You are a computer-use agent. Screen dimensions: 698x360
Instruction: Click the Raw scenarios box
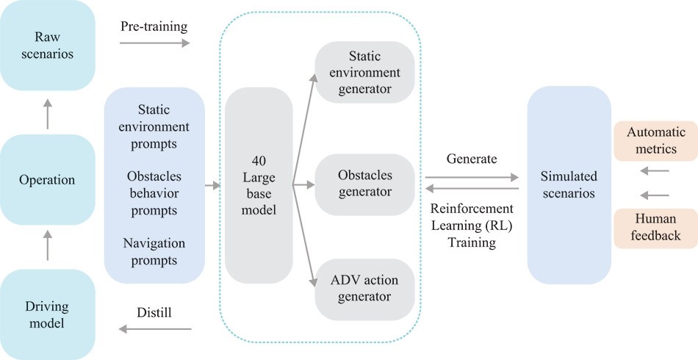[x=47, y=45]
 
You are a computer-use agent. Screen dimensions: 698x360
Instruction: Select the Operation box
[x=47, y=180]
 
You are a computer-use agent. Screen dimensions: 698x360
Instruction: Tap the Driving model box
[x=47, y=314]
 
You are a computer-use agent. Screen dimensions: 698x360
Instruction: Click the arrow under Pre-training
[x=154, y=43]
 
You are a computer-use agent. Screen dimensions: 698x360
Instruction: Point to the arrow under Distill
[x=154, y=329]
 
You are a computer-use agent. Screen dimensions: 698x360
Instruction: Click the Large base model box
[x=259, y=185]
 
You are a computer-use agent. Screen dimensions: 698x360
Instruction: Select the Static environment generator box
[x=364, y=73]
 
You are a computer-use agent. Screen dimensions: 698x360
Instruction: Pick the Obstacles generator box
[x=364, y=184]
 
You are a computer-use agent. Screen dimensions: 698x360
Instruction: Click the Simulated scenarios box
[x=569, y=184]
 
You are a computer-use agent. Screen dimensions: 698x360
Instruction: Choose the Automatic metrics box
[x=655, y=140]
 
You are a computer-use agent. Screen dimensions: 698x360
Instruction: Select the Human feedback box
[x=655, y=228]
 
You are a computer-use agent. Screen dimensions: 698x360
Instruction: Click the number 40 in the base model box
[x=259, y=161]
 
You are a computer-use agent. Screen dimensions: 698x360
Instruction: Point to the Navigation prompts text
[x=154, y=252]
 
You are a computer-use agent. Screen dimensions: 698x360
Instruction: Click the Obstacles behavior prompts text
[x=154, y=193]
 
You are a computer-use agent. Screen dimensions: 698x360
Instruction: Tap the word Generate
[x=472, y=159]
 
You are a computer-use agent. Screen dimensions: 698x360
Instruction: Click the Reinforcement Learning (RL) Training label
[x=472, y=225]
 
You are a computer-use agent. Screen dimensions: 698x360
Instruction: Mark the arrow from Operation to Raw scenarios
[x=47, y=114]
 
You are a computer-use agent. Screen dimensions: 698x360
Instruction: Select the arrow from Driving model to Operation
[x=47, y=245]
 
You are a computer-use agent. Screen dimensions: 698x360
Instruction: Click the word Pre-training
[x=154, y=26]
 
